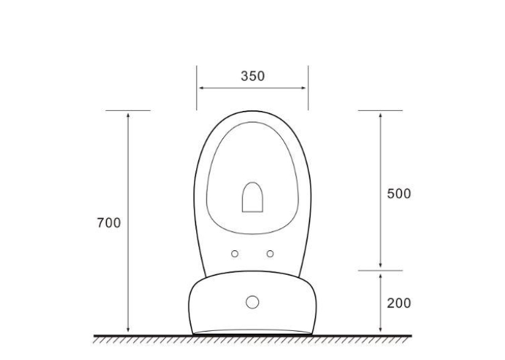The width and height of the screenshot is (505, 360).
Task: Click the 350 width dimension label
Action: (253, 76)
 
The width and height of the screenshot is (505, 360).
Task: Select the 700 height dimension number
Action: (109, 223)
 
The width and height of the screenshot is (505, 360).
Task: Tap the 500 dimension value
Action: (399, 194)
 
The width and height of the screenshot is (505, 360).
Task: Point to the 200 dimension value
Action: (399, 303)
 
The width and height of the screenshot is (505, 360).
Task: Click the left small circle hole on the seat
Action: (235, 254)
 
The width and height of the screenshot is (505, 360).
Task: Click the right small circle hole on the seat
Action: (270, 254)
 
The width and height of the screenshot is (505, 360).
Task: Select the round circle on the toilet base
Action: (252, 303)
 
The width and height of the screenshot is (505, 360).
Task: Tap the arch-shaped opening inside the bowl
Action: (252, 198)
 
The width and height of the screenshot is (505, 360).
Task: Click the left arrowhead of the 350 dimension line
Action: (201, 88)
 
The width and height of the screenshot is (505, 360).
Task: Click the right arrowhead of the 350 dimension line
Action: (304, 88)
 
